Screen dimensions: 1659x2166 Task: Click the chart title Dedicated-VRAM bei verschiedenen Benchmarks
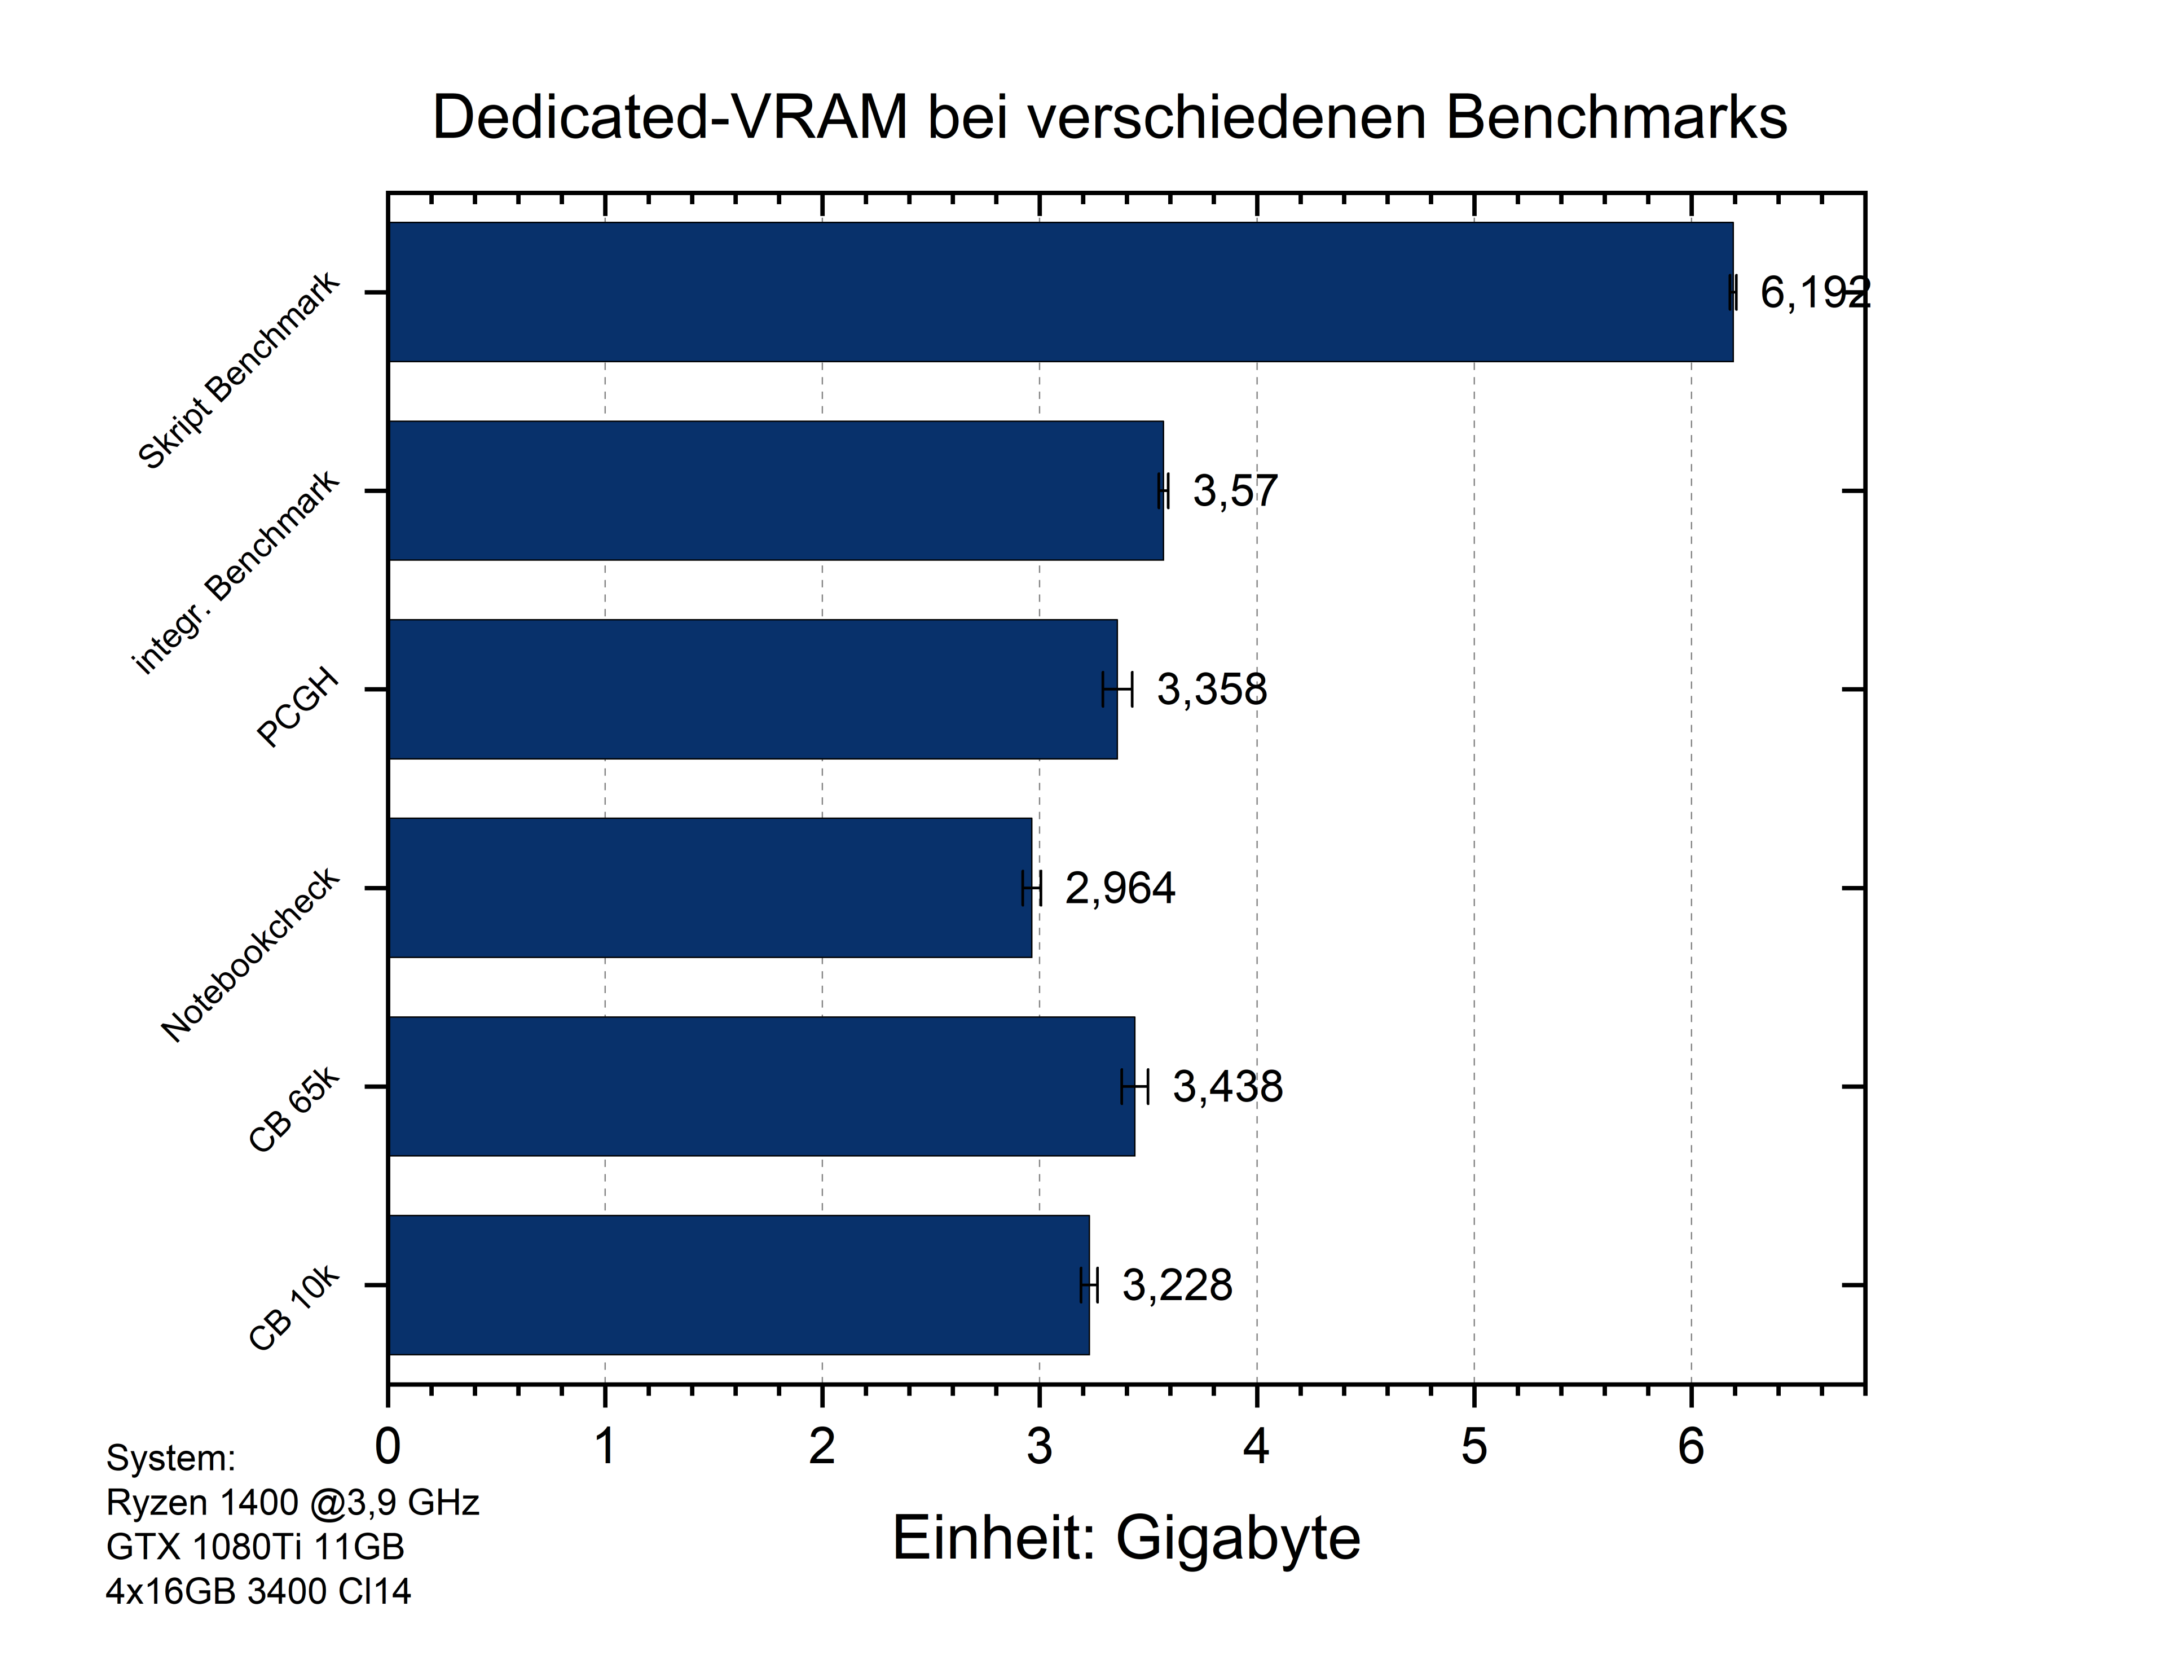point(1109,117)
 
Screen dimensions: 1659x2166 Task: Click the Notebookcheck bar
point(709,887)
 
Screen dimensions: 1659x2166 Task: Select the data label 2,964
point(1120,888)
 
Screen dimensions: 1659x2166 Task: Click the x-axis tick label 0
point(388,1447)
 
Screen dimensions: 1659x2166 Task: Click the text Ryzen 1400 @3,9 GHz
point(292,1502)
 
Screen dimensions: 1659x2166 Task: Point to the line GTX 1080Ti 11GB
point(255,1546)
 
